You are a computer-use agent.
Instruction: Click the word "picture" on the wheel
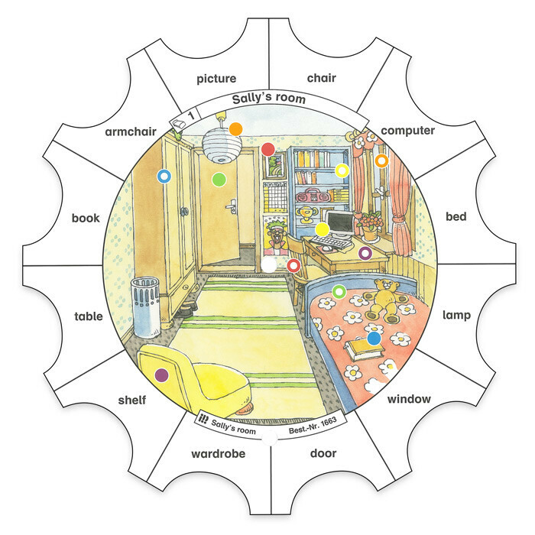click(216, 79)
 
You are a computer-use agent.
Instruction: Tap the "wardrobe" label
click(219, 453)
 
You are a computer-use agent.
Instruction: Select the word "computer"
click(407, 131)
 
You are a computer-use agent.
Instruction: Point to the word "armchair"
click(131, 131)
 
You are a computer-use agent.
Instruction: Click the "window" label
click(409, 398)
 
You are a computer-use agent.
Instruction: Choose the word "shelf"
click(132, 400)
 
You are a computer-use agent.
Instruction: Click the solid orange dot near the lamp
click(235, 129)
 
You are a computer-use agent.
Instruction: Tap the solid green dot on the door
click(219, 180)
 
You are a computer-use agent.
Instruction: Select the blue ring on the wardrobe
click(164, 177)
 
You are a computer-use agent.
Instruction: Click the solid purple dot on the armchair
click(162, 375)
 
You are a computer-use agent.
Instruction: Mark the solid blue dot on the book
click(374, 339)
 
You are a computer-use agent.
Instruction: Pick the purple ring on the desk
click(365, 253)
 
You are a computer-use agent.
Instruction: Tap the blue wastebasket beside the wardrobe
click(147, 306)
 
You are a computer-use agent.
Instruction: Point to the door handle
click(232, 206)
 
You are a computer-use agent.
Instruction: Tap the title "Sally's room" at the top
click(269, 99)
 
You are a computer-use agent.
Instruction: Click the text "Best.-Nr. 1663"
click(313, 426)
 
